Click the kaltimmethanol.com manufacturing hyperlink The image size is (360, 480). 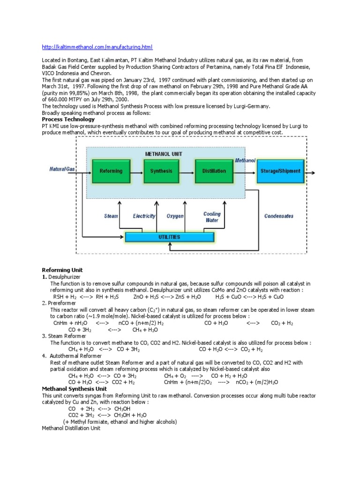(97, 47)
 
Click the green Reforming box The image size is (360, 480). (111, 171)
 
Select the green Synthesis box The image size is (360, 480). (162, 171)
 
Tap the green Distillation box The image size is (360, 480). (214, 171)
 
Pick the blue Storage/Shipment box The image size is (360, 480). (280, 171)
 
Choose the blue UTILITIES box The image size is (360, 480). (168, 237)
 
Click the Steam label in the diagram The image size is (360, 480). (111, 216)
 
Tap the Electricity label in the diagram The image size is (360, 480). (144, 216)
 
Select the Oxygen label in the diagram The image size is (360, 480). (175, 216)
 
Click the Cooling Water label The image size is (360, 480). (212, 217)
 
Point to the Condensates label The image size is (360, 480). (279, 216)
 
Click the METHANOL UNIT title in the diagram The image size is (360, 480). (164, 153)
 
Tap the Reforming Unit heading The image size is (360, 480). (62, 270)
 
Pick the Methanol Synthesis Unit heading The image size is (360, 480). (75, 389)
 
